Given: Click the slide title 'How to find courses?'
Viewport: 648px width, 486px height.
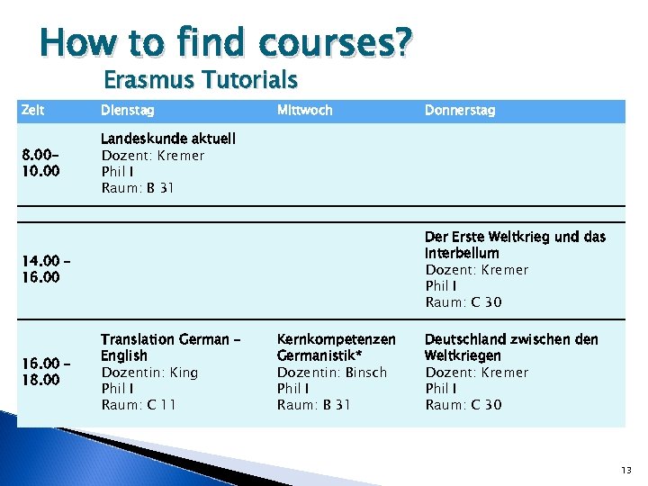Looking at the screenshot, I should (x=226, y=42).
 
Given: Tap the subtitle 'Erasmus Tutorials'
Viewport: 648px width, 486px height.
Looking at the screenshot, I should (x=201, y=80).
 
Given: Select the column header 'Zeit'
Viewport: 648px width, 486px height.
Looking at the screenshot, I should (x=33, y=110).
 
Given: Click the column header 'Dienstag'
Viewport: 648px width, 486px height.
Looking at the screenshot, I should (x=127, y=110).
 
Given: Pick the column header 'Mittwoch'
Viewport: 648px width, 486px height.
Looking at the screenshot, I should (x=304, y=110).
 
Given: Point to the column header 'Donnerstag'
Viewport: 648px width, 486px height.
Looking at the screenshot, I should (x=459, y=110).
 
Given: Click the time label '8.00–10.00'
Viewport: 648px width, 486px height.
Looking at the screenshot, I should (x=40, y=163).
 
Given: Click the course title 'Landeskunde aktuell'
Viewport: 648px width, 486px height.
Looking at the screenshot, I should (x=168, y=139).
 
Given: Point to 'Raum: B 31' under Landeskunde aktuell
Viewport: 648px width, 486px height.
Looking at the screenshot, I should (x=138, y=188).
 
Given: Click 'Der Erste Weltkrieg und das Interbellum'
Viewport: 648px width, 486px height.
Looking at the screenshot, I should (x=515, y=245).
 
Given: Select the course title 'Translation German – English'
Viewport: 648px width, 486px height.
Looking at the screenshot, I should (x=170, y=347).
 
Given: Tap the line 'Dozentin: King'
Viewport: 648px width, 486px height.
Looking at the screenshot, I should (x=149, y=373).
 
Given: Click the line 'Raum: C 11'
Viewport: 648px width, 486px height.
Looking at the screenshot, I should (x=139, y=405).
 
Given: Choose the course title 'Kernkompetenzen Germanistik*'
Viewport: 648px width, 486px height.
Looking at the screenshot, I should (x=336, y=347).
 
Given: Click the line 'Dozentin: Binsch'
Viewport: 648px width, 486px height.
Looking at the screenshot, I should (x=331, y=373).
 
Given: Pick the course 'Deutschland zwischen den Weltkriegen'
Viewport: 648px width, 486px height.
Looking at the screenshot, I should (x=510, y=347).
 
